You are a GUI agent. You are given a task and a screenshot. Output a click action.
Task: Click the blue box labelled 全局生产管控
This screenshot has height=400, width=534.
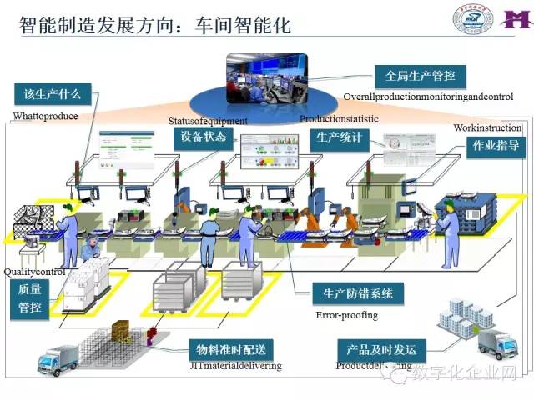pos(421,76)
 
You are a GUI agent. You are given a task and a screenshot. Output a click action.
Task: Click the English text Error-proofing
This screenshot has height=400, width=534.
pos(346,316)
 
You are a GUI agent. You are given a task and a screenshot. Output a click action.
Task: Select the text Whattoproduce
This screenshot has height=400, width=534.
pos(45,116)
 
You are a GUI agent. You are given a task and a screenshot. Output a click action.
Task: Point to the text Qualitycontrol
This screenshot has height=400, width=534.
pos(34,272)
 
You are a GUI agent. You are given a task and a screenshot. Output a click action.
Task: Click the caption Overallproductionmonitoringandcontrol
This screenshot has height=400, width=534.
pos(427,97)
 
